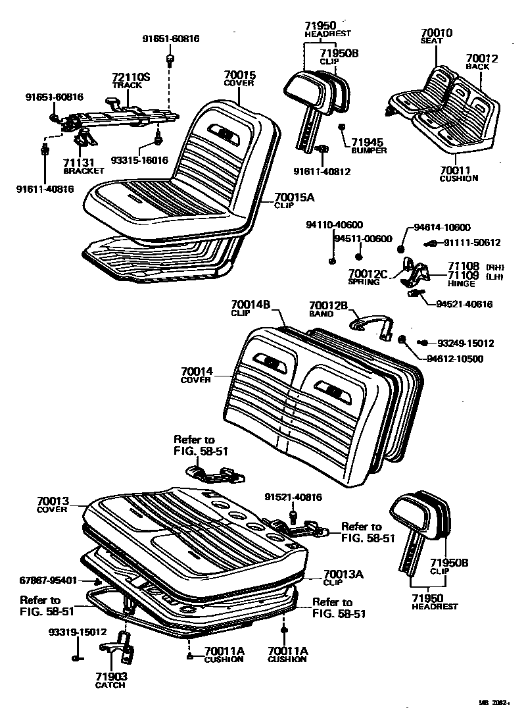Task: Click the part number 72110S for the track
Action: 131,77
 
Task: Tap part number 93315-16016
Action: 139,160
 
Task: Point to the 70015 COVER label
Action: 239,76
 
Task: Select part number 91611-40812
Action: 322,172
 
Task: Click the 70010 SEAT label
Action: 436,32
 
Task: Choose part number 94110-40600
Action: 334,225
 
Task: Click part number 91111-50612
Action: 471,243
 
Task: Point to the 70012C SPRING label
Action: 368,274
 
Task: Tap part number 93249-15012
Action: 466,343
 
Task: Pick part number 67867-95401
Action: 49,580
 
